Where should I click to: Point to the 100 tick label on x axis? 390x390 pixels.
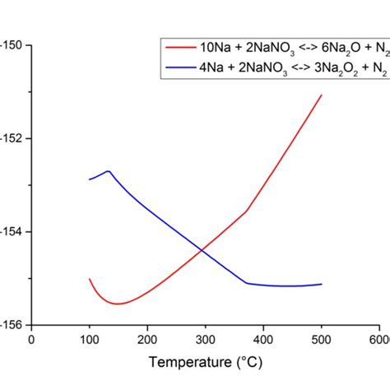point(89,338)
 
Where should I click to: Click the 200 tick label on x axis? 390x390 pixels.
point(146,338)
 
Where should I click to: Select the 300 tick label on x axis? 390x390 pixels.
point(205,338)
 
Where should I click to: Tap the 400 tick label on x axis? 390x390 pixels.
point(262,338)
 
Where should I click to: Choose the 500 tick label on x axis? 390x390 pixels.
point(321,338)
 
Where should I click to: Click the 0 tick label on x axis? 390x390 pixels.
point(31,338)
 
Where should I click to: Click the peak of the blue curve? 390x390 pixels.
point(108,171)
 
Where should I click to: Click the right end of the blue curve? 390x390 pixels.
point(321,284)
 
